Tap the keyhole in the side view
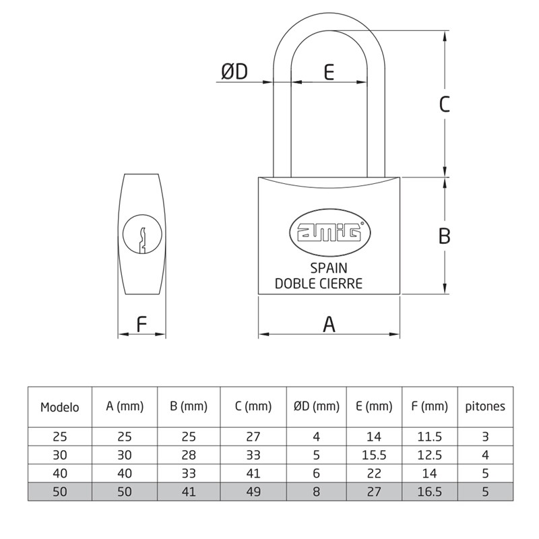(142, 236)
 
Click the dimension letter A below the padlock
(329, 325)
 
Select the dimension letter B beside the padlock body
(444, 236)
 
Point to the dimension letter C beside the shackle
(444, 104)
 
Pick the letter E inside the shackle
(329, 71)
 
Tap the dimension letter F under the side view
(141, 325)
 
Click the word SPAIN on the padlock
(329, 268)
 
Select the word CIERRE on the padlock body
(341, 284)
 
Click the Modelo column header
(60, 407)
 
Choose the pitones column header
(485, 406)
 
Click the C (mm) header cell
(253, 406)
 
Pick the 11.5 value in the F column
(429, 437)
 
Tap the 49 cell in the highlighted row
(253, 492)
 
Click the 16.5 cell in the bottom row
(429, 492)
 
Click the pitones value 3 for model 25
(485, 437)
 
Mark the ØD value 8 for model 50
(316, 492)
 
